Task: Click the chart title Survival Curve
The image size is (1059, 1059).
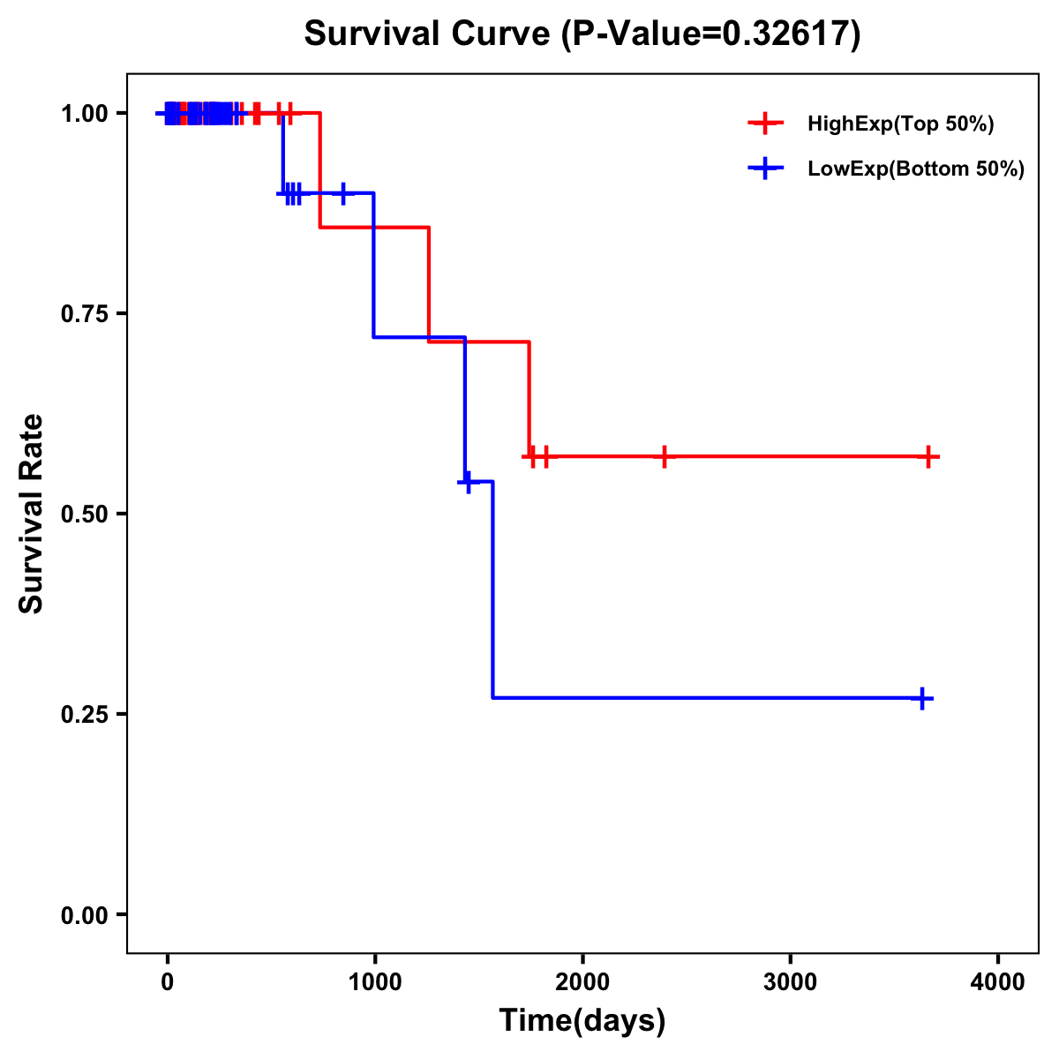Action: tap(582, 34)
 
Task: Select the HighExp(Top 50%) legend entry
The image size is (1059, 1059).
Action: tap(900, 124)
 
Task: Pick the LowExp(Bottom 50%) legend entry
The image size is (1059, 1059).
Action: tap(915, 169)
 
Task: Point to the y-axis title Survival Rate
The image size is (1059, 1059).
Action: tap(32, 513)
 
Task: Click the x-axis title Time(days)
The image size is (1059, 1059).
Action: tap(582, 1020)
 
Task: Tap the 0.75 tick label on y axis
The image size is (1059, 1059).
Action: tap(84, 314)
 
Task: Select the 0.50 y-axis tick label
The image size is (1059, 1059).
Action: tap(84, 514)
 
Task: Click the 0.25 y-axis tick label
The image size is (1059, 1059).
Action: tap(84, 715)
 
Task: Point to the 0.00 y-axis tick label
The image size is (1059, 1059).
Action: tap(84, 915)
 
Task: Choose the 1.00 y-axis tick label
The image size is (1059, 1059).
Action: tap(84, 114)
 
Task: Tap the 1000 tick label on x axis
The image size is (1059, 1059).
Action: tap(375, 982)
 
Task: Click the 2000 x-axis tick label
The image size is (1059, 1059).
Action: tap(582, 982)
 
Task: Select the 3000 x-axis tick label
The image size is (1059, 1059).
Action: tap(791, 982)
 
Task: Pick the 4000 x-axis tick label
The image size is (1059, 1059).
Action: tap(998, 982)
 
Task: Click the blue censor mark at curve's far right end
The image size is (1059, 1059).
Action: tap(922, 698)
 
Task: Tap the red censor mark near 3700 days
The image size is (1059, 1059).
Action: tap(928, 456)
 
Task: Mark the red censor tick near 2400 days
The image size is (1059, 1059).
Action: tap(664, 456)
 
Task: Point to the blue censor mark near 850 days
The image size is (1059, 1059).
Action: tap(342, 192)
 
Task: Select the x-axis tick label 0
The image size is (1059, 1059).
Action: tap(167, 982)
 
